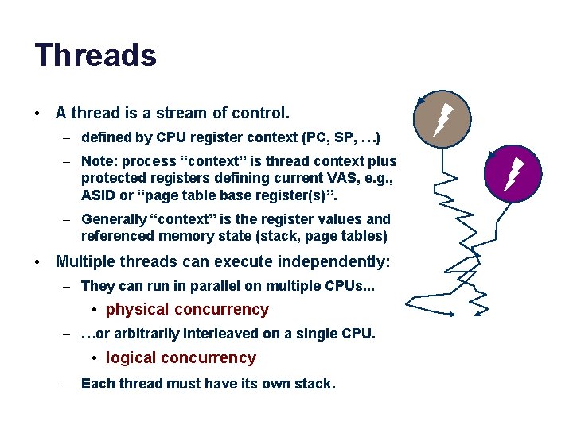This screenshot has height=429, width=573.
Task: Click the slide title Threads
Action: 95,56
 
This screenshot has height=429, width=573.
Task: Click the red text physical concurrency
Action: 187,309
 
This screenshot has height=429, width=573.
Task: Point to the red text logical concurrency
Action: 181,357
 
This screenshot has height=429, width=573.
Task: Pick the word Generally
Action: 114,218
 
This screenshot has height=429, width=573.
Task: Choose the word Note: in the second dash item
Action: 99,161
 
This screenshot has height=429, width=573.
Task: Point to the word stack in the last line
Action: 313,383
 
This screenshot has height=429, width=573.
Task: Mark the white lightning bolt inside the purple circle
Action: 514,173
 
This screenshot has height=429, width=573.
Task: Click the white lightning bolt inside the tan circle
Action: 442,120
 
